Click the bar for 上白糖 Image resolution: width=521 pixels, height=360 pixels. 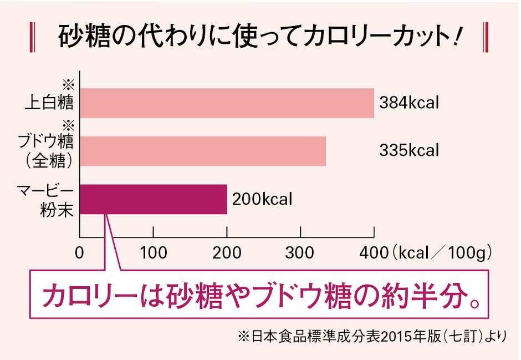pos(227,103)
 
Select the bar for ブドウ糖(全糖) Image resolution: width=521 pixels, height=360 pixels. pos(203,151)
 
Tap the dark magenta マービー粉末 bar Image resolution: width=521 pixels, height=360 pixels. pos(154,199)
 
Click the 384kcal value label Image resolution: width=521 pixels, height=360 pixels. pos(409,103)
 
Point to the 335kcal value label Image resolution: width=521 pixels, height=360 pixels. pos(409,151)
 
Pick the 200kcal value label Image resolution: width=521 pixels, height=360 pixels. pos(262,199)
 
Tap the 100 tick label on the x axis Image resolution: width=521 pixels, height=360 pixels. pos(154,253)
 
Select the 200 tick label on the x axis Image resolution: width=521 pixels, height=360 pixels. pos(227,253)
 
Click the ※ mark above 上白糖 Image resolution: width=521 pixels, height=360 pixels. pos(68,84)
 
